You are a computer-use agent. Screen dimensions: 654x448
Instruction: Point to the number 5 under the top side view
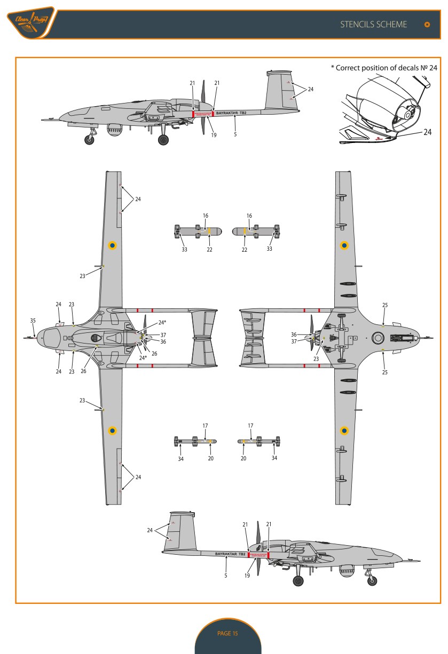(x=235, y=135)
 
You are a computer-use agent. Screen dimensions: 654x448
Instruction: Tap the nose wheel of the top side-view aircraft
(x=89, y=140)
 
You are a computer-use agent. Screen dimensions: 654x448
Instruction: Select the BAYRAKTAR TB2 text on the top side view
(x=235, y=113)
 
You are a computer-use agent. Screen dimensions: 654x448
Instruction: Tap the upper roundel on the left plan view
(x=112, y=245)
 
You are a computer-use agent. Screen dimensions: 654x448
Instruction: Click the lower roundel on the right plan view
(x=344, y=430)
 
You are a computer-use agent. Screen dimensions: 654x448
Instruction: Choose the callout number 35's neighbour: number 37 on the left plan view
(x=163, y=336)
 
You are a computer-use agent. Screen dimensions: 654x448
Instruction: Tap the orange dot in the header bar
(x=426, y=25)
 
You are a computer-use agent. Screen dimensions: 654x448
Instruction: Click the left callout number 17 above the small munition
(x=206, y=425)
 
